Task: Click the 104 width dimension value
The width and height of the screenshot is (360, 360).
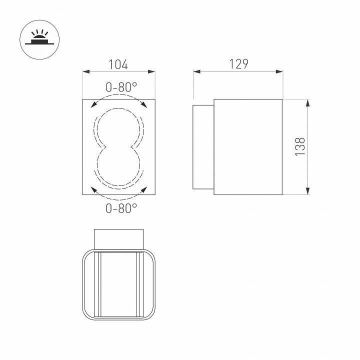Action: [x=118, y=64]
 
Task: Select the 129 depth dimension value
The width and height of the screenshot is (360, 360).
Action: [x=238, y=64]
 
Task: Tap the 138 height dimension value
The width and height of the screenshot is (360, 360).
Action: [x=299, y=147]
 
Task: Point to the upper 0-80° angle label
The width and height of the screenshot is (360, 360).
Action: [x=120, y=87]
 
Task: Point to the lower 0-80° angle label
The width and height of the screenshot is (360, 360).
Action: [x=121, y=208]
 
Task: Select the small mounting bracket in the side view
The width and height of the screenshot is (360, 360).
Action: [x=203, y=147]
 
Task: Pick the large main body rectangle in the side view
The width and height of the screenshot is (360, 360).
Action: [x=248, y=147]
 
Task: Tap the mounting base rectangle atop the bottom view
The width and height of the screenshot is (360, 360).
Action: [x=119, y=238]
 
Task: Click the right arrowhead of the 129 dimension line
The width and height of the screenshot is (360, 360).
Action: [x=279, y=72]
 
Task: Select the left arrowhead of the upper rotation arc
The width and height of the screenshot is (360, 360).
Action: [x=93, y=105]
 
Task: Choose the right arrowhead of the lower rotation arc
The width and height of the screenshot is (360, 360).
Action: [x=145, y=188]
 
